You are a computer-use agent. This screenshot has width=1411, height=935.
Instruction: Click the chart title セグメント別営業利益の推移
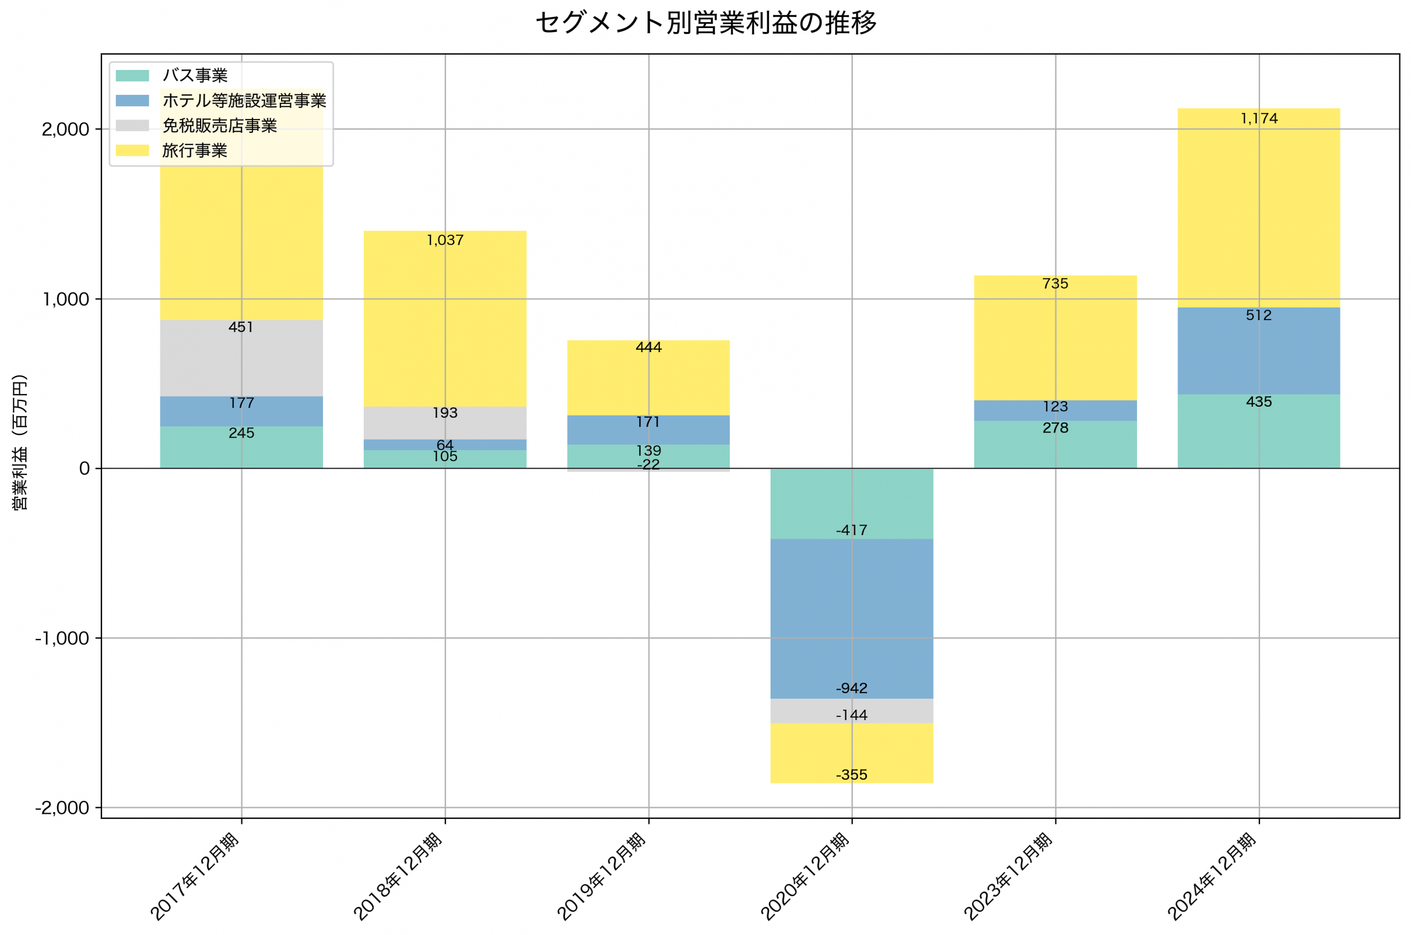[705, 23]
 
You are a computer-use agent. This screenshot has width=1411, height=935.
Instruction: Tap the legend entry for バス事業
[195, 75]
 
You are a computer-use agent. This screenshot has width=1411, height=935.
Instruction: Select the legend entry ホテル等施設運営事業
[244, 101]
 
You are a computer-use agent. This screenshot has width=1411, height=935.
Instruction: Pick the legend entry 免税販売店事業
[219, 126]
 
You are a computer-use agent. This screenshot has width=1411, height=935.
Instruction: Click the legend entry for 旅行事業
[195, 151]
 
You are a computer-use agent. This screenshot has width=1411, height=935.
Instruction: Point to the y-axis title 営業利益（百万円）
[20, 442]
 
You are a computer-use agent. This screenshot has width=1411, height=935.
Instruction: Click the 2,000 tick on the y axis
[65, 129]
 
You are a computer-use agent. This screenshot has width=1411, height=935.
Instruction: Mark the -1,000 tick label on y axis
[62, 639]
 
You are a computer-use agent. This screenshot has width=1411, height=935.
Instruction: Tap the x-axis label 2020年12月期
[805, 877]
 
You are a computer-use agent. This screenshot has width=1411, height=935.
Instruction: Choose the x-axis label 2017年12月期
[195, 877]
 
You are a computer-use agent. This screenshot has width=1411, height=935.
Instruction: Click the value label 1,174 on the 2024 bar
[1258, 118]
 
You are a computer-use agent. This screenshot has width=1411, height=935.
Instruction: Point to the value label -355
[852, 775]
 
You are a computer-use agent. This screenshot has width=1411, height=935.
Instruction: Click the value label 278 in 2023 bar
[1055, 428]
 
